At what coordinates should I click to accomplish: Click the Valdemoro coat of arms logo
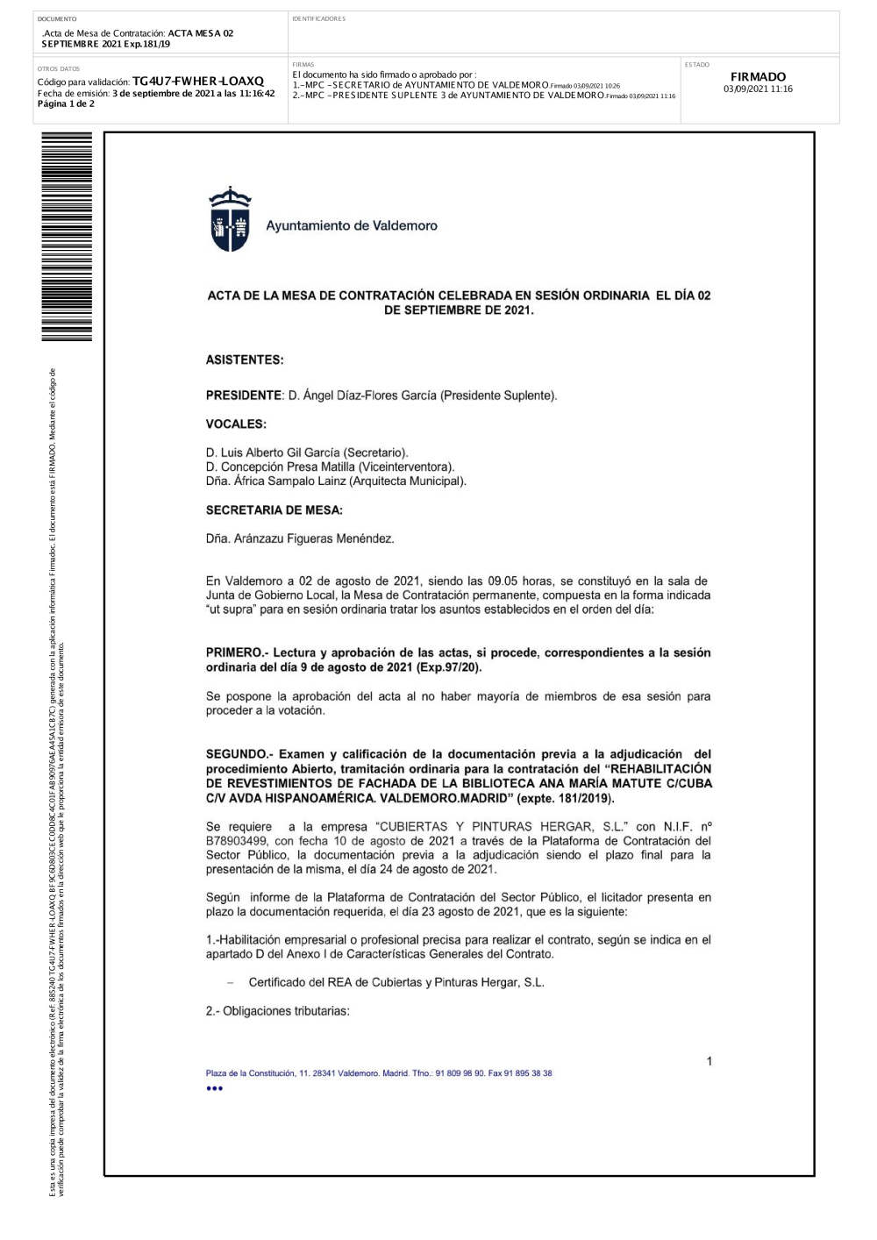230,220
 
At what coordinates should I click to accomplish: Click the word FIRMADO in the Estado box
758,77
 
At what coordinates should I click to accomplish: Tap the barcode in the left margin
67,237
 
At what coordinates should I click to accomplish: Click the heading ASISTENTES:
245,360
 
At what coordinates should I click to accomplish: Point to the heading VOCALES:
236,424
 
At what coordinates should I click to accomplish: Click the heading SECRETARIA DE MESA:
275,510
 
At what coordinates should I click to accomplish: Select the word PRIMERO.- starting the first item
237,652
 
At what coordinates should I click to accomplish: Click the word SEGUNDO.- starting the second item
239,754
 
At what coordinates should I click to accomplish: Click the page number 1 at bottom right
709,1062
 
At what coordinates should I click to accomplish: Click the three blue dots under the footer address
215,1088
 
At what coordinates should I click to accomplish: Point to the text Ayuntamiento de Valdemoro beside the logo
352,226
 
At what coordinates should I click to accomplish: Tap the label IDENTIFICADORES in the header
319,19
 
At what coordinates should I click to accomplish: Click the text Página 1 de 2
66,104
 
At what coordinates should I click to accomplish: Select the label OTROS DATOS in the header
59,68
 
